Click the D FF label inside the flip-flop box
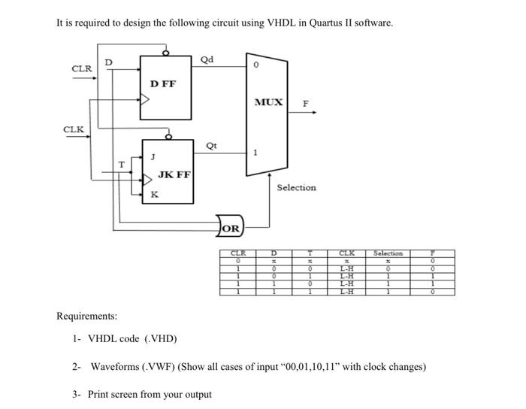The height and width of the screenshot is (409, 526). click(162, 84)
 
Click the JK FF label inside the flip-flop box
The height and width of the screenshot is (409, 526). click(174, 174)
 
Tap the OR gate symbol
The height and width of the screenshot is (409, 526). click(231, 228)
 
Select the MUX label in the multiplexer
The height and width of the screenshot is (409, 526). click(268, 101)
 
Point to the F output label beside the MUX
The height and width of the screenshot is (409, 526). click(305, 105)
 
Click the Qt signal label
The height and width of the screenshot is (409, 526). click(211, 147)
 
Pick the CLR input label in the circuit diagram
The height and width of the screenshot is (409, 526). click(82, 68)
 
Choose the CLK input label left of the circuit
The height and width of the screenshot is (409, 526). click(74, 129)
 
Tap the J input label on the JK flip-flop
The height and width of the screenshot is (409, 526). click(153, 157)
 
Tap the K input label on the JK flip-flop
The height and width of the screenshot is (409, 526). click(154, 194)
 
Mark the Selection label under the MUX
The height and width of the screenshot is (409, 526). click(296, 187)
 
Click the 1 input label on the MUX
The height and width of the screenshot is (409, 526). click(255, 153)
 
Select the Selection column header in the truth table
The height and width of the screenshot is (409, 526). click(388, 253)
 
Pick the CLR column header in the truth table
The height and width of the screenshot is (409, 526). click(237, 253)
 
